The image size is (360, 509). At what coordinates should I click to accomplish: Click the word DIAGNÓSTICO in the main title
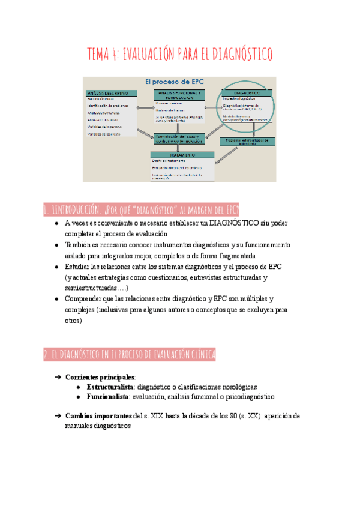[240, 55]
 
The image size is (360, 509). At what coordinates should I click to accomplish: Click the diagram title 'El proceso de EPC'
[178, 82]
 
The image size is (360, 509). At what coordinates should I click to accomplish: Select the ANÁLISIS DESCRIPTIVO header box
[111, 94]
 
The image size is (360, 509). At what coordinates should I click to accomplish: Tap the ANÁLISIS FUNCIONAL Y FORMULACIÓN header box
[179, 95]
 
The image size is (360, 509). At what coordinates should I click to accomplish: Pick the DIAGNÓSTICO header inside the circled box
[247, 94]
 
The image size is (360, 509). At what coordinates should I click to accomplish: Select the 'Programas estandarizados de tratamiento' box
[246, 141]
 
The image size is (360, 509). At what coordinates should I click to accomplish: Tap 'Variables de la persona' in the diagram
[104, 127]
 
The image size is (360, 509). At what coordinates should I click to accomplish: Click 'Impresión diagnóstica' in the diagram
[240, 100]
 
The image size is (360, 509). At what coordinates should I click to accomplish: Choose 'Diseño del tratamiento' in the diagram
[171, 161]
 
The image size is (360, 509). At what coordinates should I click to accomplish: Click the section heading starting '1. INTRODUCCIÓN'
[142, 209]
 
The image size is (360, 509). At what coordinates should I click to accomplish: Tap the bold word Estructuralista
[110, 387]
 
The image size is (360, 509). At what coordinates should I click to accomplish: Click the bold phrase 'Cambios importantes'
[99, 415]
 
